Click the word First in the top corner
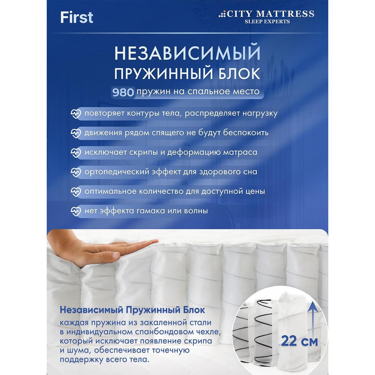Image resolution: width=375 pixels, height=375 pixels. [77, 18]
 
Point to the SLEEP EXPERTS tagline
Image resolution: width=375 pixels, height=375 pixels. [267, 21]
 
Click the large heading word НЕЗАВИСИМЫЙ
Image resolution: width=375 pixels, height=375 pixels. [187, 53]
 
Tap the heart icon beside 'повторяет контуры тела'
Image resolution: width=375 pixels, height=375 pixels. [76, 114]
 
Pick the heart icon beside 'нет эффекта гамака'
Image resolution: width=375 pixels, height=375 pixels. [76, 211]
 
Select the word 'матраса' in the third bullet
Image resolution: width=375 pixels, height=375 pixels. [241, 152]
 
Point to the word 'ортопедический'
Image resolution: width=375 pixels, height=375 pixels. [117, 172]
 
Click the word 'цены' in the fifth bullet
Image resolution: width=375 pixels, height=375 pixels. [255, 191]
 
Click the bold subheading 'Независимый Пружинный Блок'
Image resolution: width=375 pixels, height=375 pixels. [132, 310]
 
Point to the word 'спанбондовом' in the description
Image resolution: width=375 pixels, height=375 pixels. [165, 331]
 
